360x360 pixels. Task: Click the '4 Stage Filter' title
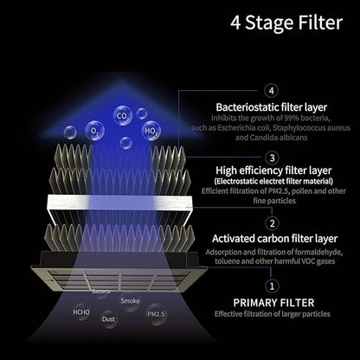pyautogui.click(x=286, y=22)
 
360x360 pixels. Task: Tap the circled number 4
pyautogui.click(x=271, y=91)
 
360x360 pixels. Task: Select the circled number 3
pyautogui.click(x=272, y=158)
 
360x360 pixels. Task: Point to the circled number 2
pyautogui.click(x=272, y=223)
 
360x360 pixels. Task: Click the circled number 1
pyautogui.click(x=272, y=286)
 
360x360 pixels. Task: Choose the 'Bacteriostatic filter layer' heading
pyautogui.click(x=272, y=107)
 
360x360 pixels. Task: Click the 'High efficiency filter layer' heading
pyautogui.click(x=273, y=170)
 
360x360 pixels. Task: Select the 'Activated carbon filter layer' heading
pyautogui.click(x=274, y=239)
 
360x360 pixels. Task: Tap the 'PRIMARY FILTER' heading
pyautogui.click(x=273, y=303)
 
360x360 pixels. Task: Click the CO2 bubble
pyautogui.click(x=123, y=116)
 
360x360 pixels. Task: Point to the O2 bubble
pyautogui.click(x=94, y=131)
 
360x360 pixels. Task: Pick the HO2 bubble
pyautogui.click(x=151, y=132)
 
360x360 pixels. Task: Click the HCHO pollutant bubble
pyautogui.click(x=81, y=312)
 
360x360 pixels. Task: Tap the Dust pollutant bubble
pyautogui.click(x=108, y=319)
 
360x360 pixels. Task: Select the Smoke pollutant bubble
pyautogui.click(x=130, y=301)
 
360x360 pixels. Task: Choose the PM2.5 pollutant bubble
pyautogui.click(x=156, y=314)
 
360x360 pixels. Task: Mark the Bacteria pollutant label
pyautogui.click(x=101, y=292)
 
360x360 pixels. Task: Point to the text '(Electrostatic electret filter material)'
pyautogui.click(x=273, y=181)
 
